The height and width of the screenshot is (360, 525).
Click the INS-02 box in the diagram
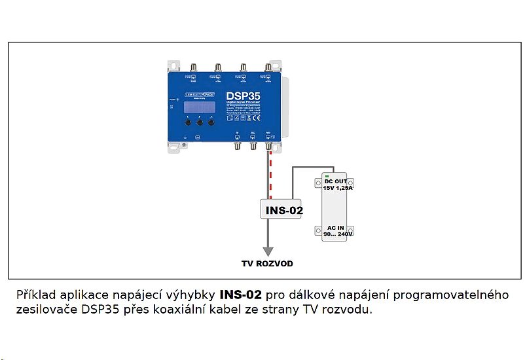tap(283, 210)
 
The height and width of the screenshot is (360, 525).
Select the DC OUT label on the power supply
tap(336, 180)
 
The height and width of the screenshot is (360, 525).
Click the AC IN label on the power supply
tap(336, 227)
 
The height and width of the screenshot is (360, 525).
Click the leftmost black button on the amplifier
tap(188, 122)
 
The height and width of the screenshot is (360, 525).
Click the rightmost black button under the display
tap(211, 122)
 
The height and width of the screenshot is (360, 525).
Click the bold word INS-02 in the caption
tap(241, 295)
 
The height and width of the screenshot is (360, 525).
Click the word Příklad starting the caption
tap(37, 295)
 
